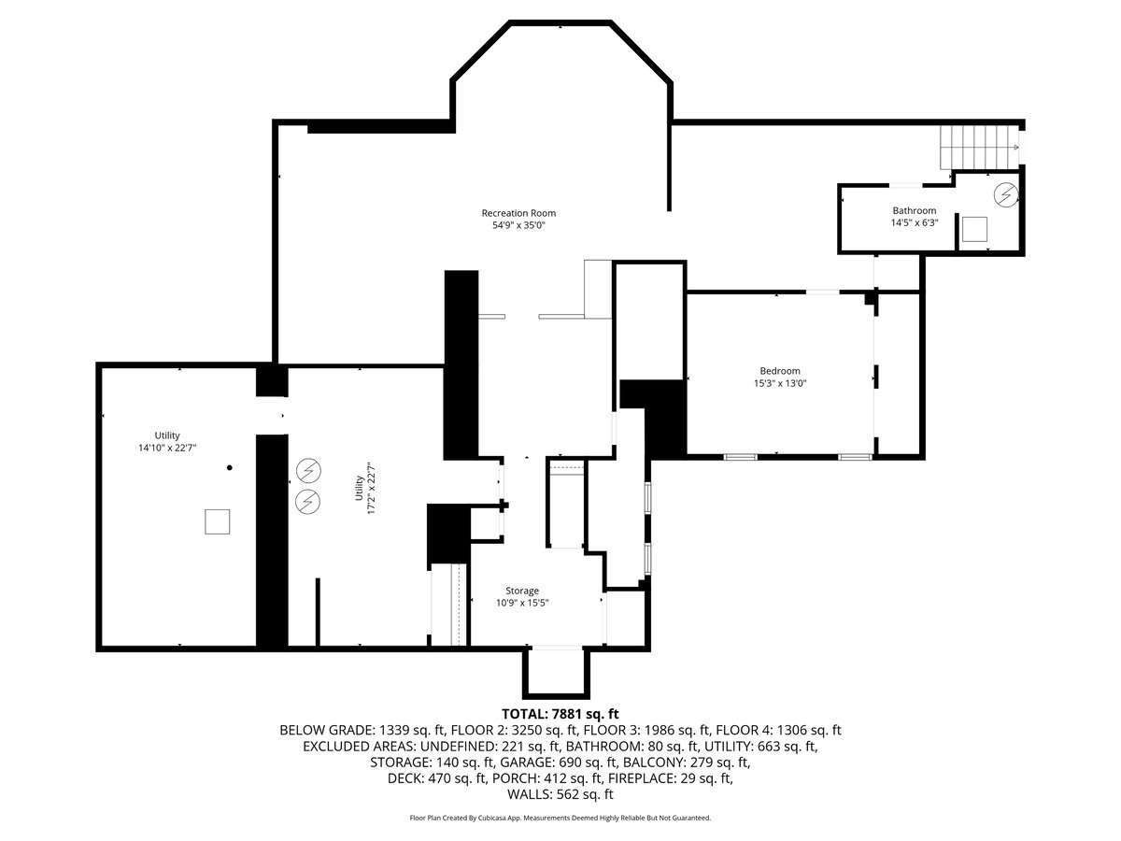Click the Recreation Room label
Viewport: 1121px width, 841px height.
pos(518,213)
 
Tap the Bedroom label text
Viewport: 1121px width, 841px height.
pos(779,371)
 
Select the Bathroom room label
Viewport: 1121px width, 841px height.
pos(915,210)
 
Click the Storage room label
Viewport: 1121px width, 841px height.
pos(522,591)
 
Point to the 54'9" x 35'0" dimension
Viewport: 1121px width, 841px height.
pos(518,225)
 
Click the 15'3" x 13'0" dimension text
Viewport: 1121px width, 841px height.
pos(779,383)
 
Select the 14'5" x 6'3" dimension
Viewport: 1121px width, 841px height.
pos(915,222)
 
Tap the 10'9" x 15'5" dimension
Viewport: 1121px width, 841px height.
pos(522,603)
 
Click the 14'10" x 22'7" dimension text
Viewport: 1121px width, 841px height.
pos(167,448)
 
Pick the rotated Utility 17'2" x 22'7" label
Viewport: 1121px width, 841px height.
pos(365,488)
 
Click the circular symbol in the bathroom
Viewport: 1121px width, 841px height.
pos(1005,194)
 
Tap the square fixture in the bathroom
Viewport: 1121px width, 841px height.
pos(974,229)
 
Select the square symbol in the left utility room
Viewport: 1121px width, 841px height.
pos(217,521)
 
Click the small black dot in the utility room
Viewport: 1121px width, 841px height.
pos(229,467)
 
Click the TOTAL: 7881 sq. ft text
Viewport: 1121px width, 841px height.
pos(560,714)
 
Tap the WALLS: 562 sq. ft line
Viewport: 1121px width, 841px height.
pos(560,794)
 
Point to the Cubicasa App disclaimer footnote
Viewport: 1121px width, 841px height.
pos(560,818)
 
